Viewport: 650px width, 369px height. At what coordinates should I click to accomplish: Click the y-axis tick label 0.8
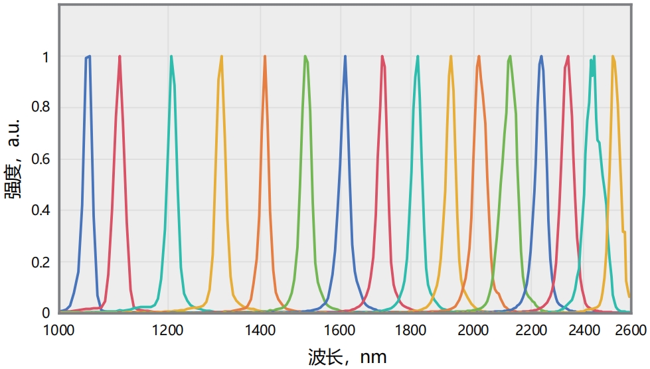[41, 108]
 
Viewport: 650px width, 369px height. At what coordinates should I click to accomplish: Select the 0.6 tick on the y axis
[41, 159]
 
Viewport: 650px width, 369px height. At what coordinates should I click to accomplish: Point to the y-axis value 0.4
[41, 210]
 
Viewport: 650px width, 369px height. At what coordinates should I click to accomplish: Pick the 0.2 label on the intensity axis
[41, 262]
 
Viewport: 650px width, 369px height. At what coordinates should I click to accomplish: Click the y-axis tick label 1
[45, 57]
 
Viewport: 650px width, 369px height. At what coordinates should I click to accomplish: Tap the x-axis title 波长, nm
[347, 357]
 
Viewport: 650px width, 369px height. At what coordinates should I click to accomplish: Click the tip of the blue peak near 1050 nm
[89, 56]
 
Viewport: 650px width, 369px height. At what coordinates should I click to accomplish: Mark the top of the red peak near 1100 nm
[120, 56]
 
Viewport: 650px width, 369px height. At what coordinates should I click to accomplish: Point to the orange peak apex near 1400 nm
[265, 56]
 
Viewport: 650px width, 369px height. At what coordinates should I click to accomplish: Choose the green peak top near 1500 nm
[305, 56]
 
